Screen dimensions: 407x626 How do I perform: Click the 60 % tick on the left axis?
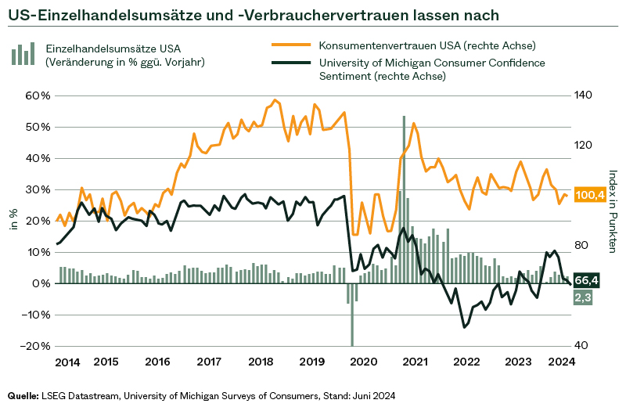tap(38, 95)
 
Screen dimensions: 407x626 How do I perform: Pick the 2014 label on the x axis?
tap(67, 362)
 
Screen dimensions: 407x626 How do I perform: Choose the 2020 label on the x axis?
tap(362, 362)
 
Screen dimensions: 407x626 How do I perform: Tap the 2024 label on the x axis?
tap(561, 362)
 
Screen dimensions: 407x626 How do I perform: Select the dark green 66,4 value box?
tap(586, 279)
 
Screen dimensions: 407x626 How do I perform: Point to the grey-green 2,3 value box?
tap(583, 297)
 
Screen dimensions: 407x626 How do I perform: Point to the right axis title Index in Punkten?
tap(613, 211)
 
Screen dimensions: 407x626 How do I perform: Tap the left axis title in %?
tap(13, 220)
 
